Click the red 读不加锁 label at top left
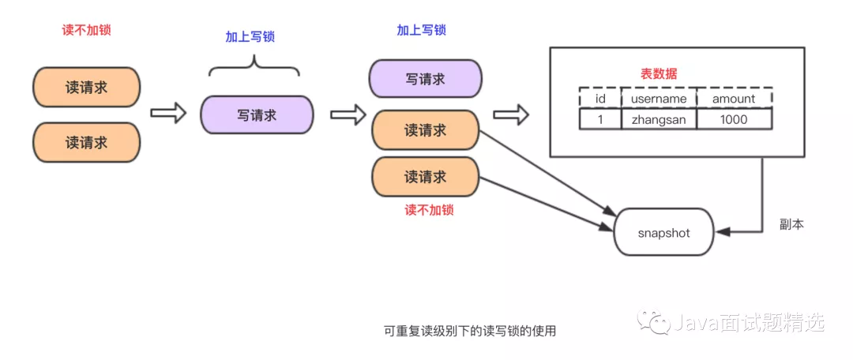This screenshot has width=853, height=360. pyautogui.click(x=87, y=31)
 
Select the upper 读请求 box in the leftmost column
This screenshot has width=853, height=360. pyautogui.click(x=86, y=87)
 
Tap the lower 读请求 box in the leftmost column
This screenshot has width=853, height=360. pyautogui.click(x=86, y=143)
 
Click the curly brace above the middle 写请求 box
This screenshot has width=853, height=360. pyautogui.click(x=254, y=67)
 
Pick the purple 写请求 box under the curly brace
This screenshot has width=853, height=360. pyautogui.click(x=257, y=115)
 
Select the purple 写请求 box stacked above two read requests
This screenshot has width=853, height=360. pyautogui.click(x=425, y=79)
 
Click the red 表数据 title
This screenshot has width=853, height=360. pyautogui.click(x=658, y=73)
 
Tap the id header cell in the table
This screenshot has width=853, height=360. pyautogui.click(x=599, y=98)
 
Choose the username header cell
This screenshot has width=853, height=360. pyautogui.click(x=659, y=98)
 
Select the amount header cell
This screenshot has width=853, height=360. pyautogui.click(x=734, y=98)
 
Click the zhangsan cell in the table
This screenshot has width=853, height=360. pyautogui.click(x=659, y=119)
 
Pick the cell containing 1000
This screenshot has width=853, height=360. pyautogui.click(x=734, y=119)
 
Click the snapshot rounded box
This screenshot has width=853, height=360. pyautogui.click(x=663, y=232)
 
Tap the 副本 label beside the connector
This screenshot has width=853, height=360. pyautogui.click(x=791, y=225)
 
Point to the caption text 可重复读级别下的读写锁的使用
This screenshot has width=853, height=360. pyautogui.click(x=469, y=331)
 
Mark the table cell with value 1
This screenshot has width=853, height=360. pyautogui.click(x=599, y=119)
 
